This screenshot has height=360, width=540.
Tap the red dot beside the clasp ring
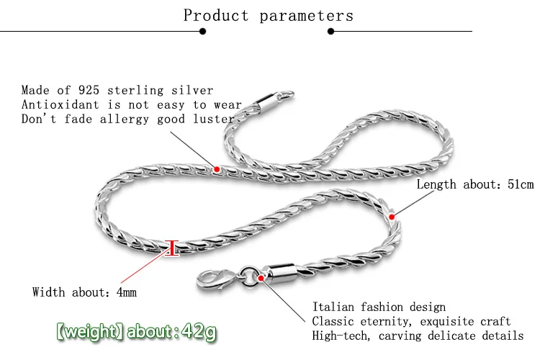261,278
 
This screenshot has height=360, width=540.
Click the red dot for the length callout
392,217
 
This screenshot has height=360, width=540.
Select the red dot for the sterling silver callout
217,169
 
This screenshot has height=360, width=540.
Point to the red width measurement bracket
172,248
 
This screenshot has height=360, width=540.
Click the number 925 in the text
89,90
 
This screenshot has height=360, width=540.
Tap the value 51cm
521,184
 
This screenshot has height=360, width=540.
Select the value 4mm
127,292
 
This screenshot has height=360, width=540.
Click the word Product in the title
215,15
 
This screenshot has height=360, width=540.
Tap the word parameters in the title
306,16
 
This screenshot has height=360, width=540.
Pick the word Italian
333,307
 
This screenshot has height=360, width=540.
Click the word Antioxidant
60,104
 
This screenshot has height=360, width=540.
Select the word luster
214,119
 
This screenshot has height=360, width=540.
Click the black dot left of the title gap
202,32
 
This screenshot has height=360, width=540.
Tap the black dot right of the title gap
331,32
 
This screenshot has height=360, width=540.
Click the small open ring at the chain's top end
286,96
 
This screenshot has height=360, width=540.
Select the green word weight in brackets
91,331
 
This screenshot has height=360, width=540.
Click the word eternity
385,321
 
